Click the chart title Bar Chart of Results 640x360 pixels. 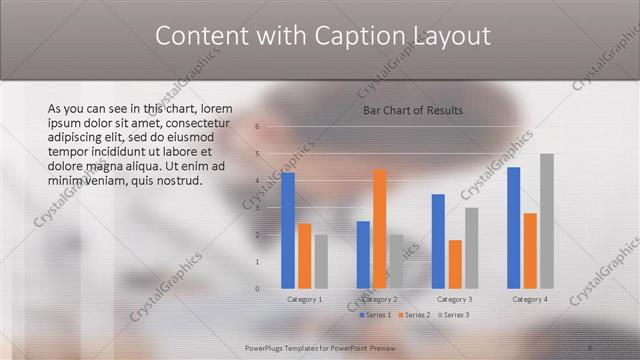(x=412, y=110)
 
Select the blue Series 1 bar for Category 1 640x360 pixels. (x=288, y=231)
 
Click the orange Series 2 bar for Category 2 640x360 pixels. (x=379, y=229)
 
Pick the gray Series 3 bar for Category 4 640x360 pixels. (x=546, y=221)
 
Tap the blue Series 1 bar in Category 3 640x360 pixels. (x=438, y=241)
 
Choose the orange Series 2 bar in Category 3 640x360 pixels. (x=454, y=264)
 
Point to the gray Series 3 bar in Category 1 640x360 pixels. (x=320, y=262)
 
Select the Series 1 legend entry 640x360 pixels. (x=376, y=315)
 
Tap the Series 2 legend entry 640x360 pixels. (x=414, y=315)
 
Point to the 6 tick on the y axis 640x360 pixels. (x=257, y=127)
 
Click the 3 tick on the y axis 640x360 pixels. (x=257, y=208)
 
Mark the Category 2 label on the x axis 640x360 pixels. (x=379, y=299)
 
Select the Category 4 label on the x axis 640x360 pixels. (x=529, y=299)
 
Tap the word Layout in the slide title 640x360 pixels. (x=451, y=36)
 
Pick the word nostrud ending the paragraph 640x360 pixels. (x=180, y=181)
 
